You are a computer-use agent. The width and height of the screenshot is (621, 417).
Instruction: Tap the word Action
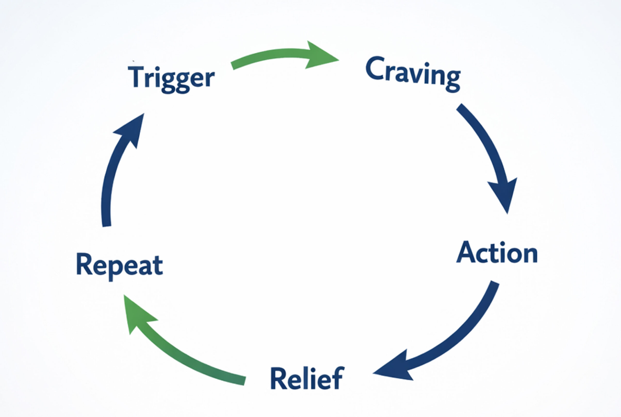click(x=497, y=253)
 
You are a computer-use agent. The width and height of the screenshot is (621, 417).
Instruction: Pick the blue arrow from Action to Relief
click(x=452, y=338)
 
